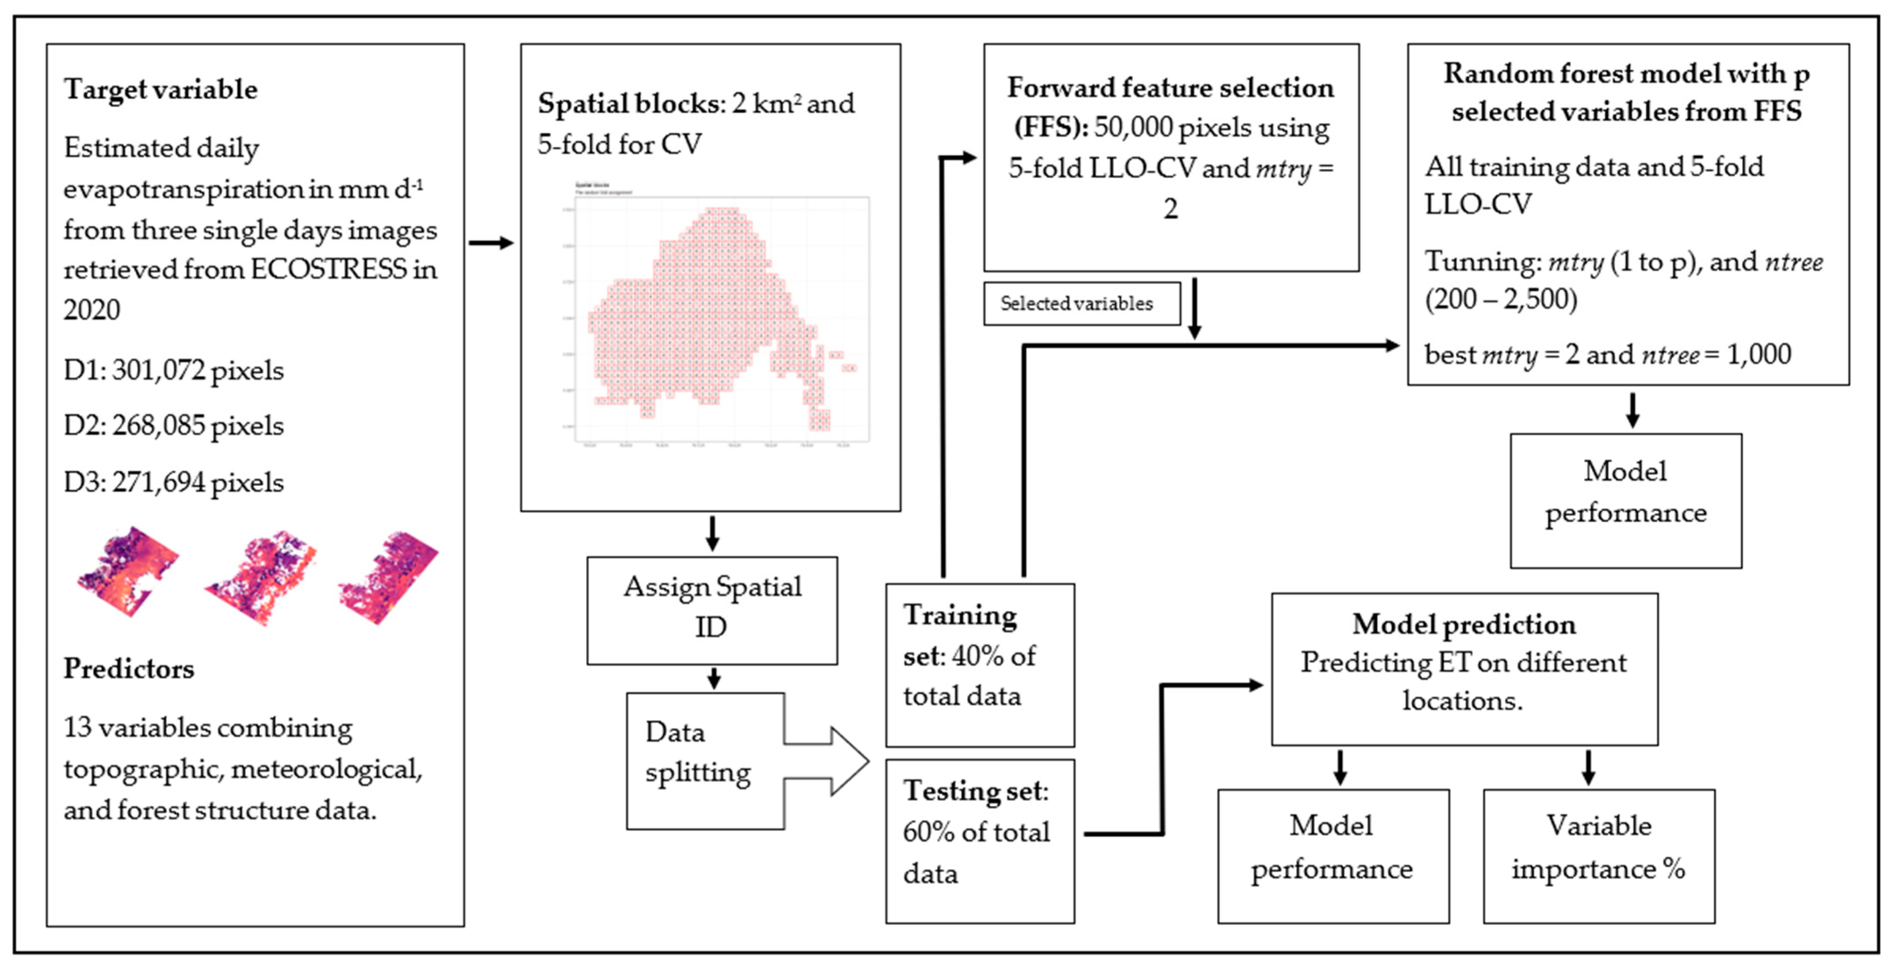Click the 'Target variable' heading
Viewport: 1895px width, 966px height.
[x=160, y=89]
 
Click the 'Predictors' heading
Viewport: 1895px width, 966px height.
[x=129, y=668]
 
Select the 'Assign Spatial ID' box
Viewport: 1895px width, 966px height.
[x=711, y=610]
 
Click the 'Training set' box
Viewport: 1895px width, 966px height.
[x=979, y=664]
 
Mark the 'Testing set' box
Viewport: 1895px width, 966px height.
[x=979, y=840]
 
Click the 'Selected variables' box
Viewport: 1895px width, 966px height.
[x=1081, y=303]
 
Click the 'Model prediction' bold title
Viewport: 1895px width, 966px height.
[x=1463, y=624]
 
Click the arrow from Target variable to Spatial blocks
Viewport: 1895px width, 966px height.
[x=491, y=243]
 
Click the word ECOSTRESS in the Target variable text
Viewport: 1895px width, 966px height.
[x=328, y=269]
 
